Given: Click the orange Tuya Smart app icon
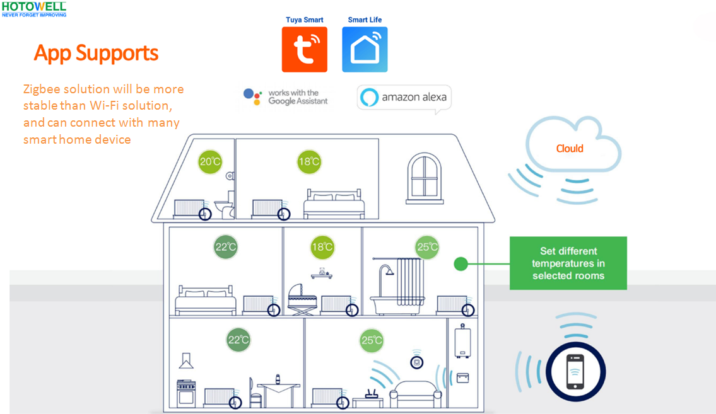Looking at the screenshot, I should pos(305,49).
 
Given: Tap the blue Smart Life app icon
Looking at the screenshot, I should pos(365,49).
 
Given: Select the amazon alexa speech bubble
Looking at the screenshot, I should pos(404,98).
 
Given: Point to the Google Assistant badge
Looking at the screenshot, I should pos(286,97).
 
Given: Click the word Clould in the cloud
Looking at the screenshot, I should pos(570,149).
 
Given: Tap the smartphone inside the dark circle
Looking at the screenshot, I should pos(575,371).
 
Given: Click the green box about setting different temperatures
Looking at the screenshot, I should pos(568,263).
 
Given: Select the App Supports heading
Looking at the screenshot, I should pos(96,53).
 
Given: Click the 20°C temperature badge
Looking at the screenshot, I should pos(210,162).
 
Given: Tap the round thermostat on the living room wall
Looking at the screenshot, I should pos(416,360).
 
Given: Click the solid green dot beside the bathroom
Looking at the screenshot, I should pos(461,263).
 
